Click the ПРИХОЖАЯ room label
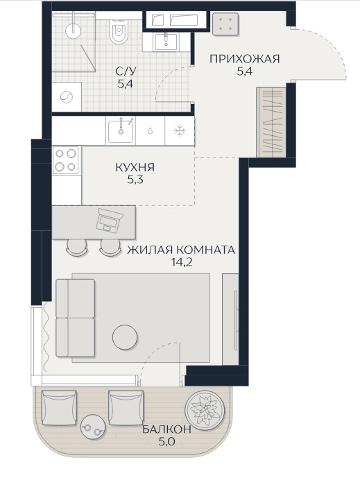point(244,58)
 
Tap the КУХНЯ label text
point(135,167)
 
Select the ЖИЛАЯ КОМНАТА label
point(181,250)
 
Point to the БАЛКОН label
point(166,429)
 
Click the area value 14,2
point(182,262)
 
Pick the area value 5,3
point(135,180)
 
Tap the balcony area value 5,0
point(166,441)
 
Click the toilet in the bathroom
point(119,30)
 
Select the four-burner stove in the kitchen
point(66,160)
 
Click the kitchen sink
point(121,131)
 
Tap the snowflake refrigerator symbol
point(180,131)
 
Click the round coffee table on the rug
point(125,337)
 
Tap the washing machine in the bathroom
point(67,97)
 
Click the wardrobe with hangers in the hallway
point(272,123)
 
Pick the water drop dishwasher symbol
point(150,131)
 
